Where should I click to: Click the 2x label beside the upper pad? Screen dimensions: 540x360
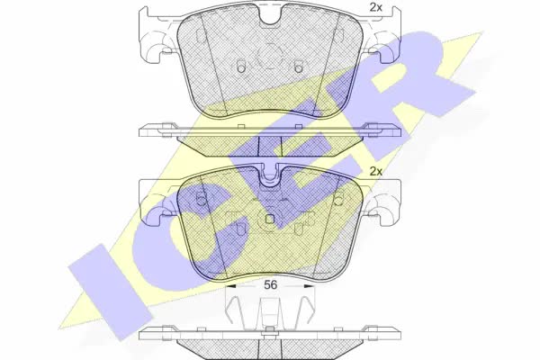[375, 7]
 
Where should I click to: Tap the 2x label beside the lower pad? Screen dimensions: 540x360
[375, 171]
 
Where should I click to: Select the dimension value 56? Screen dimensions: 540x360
[270, 285]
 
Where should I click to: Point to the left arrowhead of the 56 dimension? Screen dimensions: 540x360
[229, 286]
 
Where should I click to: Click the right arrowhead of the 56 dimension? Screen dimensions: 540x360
[310, 286]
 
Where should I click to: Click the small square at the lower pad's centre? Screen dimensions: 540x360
[270, 219]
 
